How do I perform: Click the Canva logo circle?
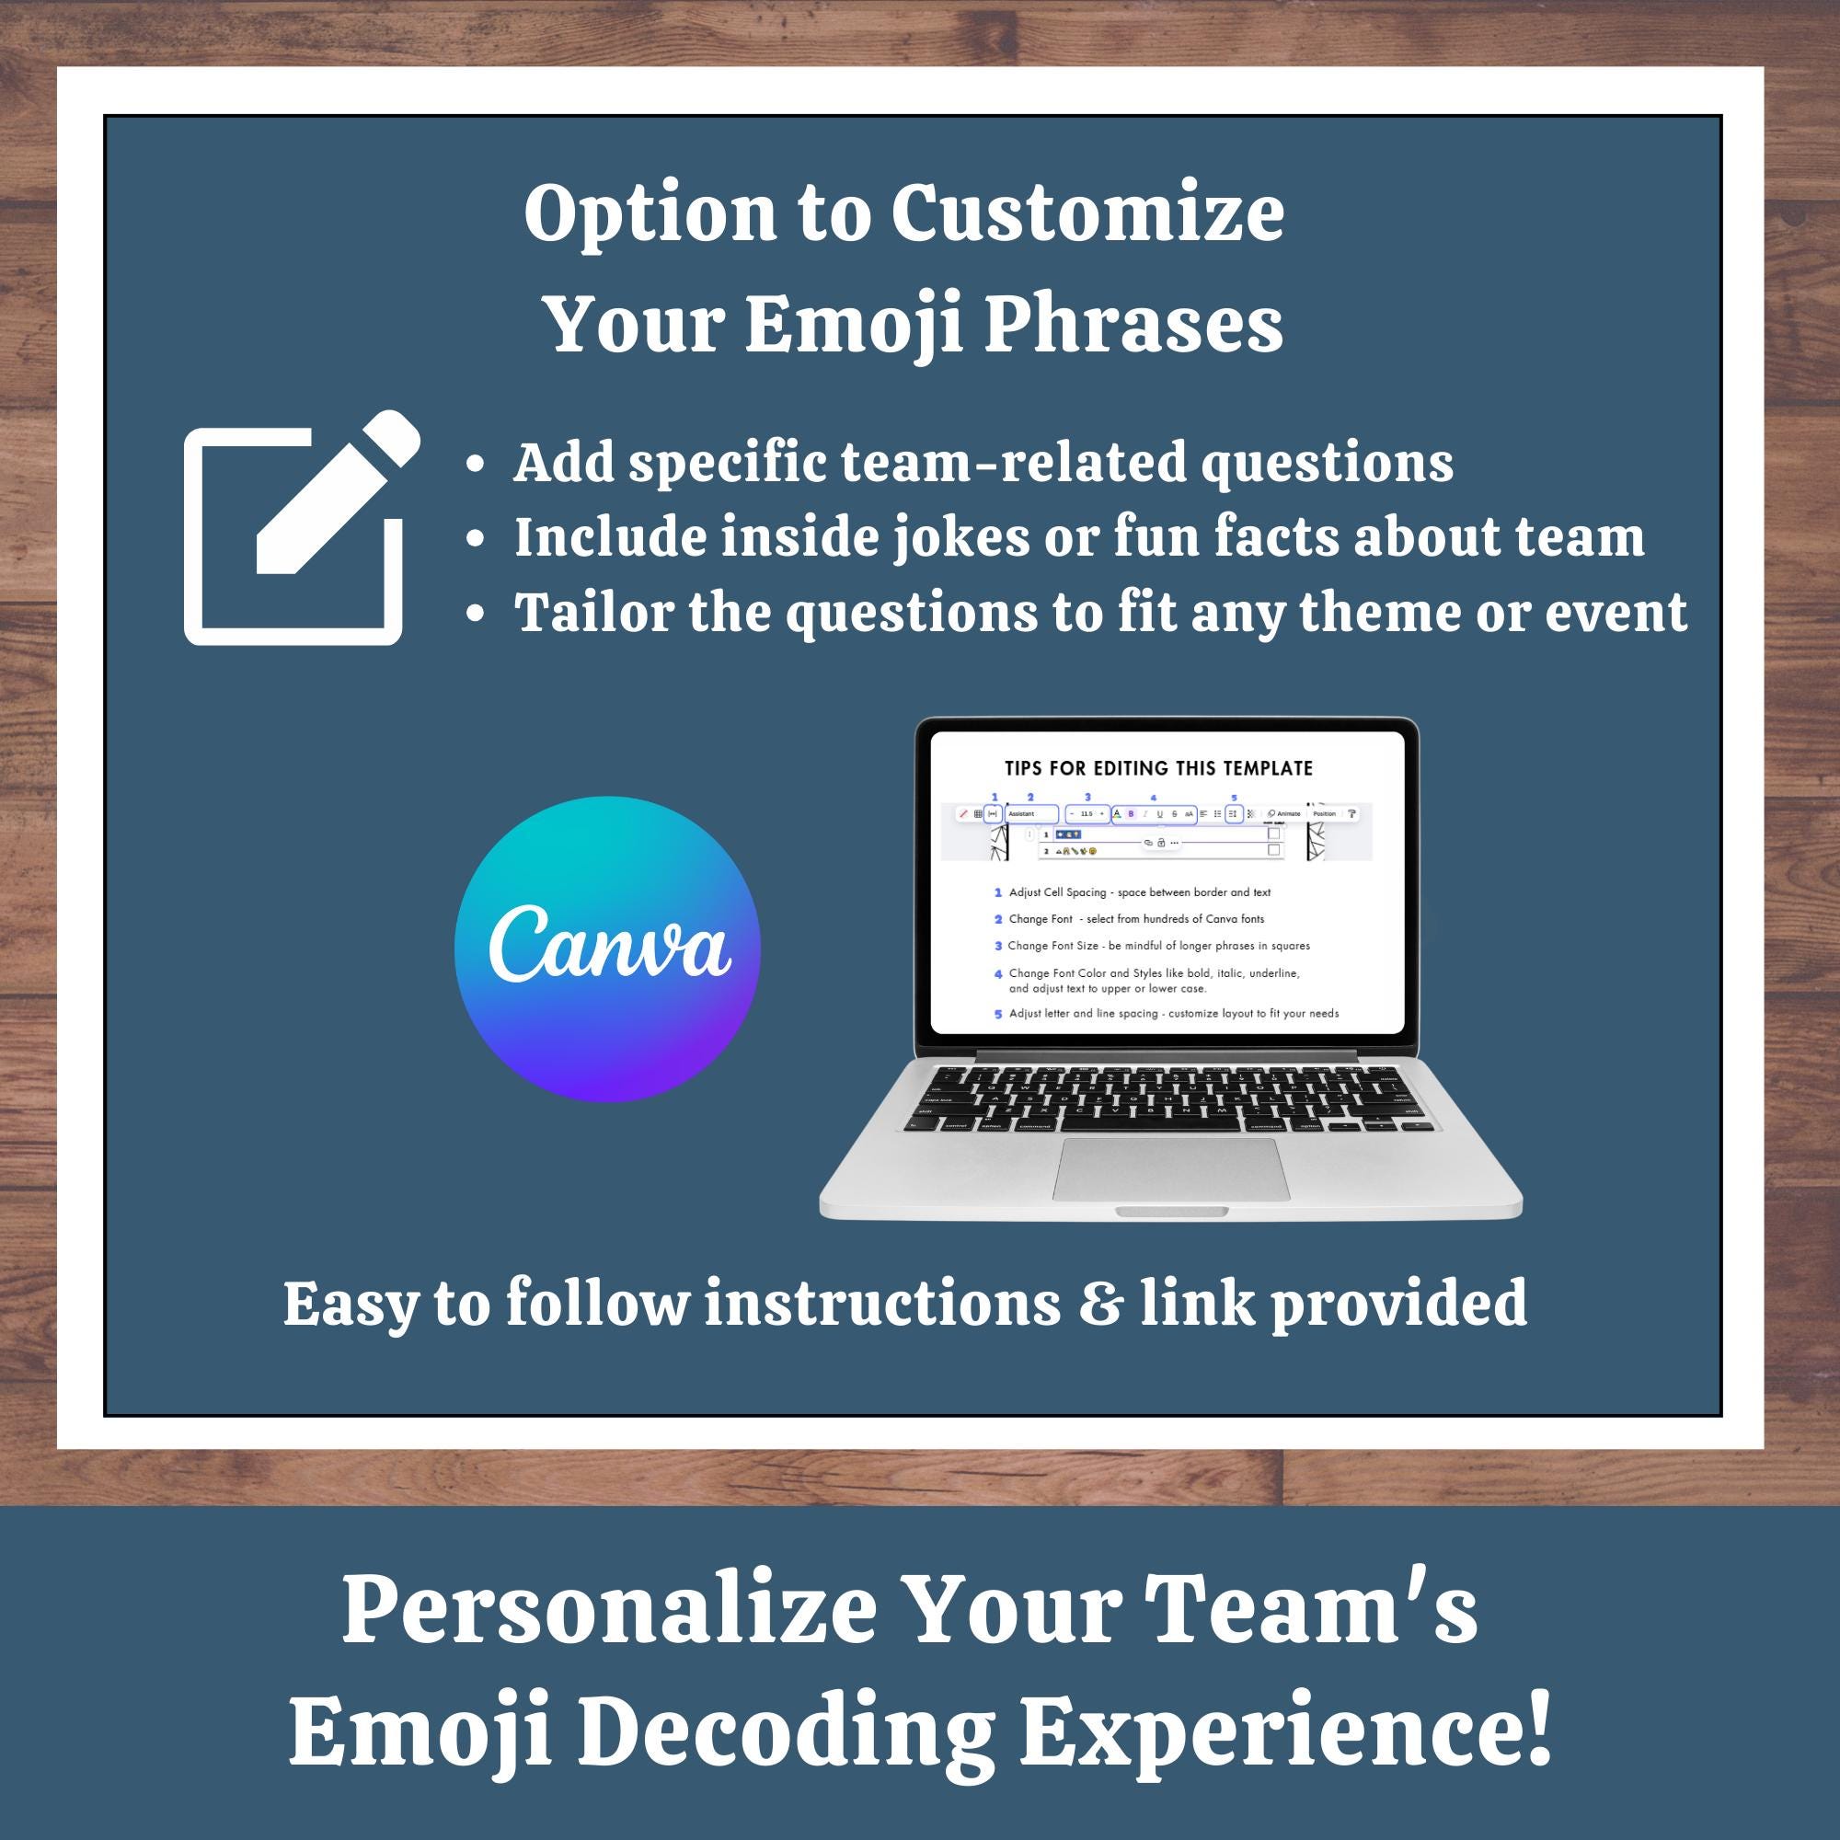606,949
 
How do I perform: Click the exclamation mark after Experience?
1537,1729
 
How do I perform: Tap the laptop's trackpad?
1170,1168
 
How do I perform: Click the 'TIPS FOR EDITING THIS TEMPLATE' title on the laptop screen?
1158,768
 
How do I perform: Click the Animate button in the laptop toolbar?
1284,814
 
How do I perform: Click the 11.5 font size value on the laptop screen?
1087,814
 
